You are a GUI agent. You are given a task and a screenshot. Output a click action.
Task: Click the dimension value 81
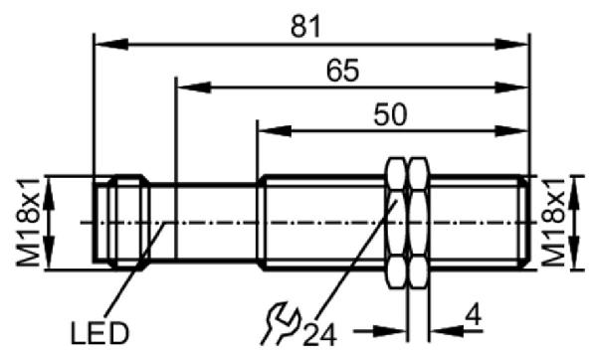[305, 27]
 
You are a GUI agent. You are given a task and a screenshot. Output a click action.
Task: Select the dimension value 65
[342, 71]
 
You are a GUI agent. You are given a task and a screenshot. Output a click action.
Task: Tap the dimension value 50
[390, 114]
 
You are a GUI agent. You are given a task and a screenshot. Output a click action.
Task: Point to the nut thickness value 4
[474, 315]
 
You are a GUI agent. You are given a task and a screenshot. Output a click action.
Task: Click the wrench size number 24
[319, 335]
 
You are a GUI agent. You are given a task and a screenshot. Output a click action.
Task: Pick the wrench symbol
[281, 323]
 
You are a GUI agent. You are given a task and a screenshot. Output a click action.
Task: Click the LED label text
[99, 333]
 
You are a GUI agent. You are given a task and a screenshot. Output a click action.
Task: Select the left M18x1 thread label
[28, 222]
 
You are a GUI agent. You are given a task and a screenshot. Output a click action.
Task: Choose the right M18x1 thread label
[553, 222]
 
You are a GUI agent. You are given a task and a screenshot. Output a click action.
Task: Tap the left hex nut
[397, 223]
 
